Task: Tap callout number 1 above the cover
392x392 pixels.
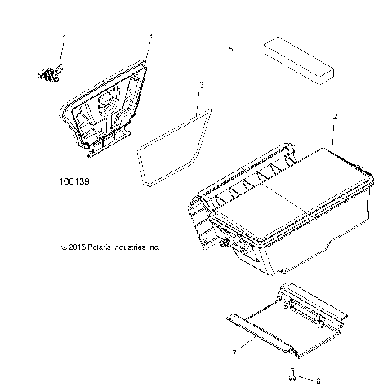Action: [x=149, y=37]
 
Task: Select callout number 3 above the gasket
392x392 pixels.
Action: [x=202, y=85]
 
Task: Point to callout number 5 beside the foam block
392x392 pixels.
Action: [x=231, y=50]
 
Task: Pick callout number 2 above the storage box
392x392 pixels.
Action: [x=335, y=117]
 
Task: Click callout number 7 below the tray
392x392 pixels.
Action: [x=234, y=353]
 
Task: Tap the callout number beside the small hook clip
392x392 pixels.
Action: [x=318, y=379]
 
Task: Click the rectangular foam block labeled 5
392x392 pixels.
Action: [x=299, y=60]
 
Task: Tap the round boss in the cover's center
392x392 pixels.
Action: [x=106, y=103]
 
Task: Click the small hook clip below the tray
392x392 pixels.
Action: [x=292, y=375]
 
